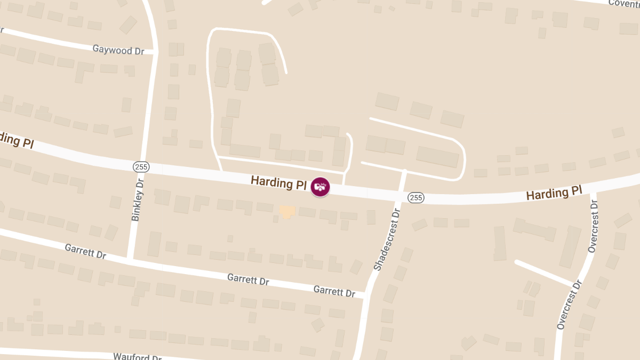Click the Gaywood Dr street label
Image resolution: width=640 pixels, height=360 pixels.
[x=118, y=50]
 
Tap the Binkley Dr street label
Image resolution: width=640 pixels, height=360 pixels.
[x=138, y=199]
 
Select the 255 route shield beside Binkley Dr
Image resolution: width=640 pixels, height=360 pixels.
[x=141, y=167]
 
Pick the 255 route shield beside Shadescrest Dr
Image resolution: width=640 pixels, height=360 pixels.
[x=416, y=198]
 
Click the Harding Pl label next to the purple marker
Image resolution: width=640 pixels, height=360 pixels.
[x=278, y=183]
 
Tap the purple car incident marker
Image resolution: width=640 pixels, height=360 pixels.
[x=321, y=187]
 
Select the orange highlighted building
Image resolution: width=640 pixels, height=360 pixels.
[x=287, y=212]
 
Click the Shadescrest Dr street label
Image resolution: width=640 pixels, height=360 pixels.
[x=386, y=239]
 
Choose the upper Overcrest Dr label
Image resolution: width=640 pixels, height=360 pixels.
[x=593, y=226]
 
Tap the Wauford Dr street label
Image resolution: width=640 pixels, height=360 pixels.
[x=137, y=356]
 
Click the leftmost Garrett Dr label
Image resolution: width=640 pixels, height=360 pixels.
[x=85, y=251]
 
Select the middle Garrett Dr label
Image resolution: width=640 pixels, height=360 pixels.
[x=248, y=279]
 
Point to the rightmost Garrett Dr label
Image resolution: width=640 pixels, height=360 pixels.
[x=334, y=292]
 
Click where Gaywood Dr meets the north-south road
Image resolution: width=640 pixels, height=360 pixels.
[x=155, y=52]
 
